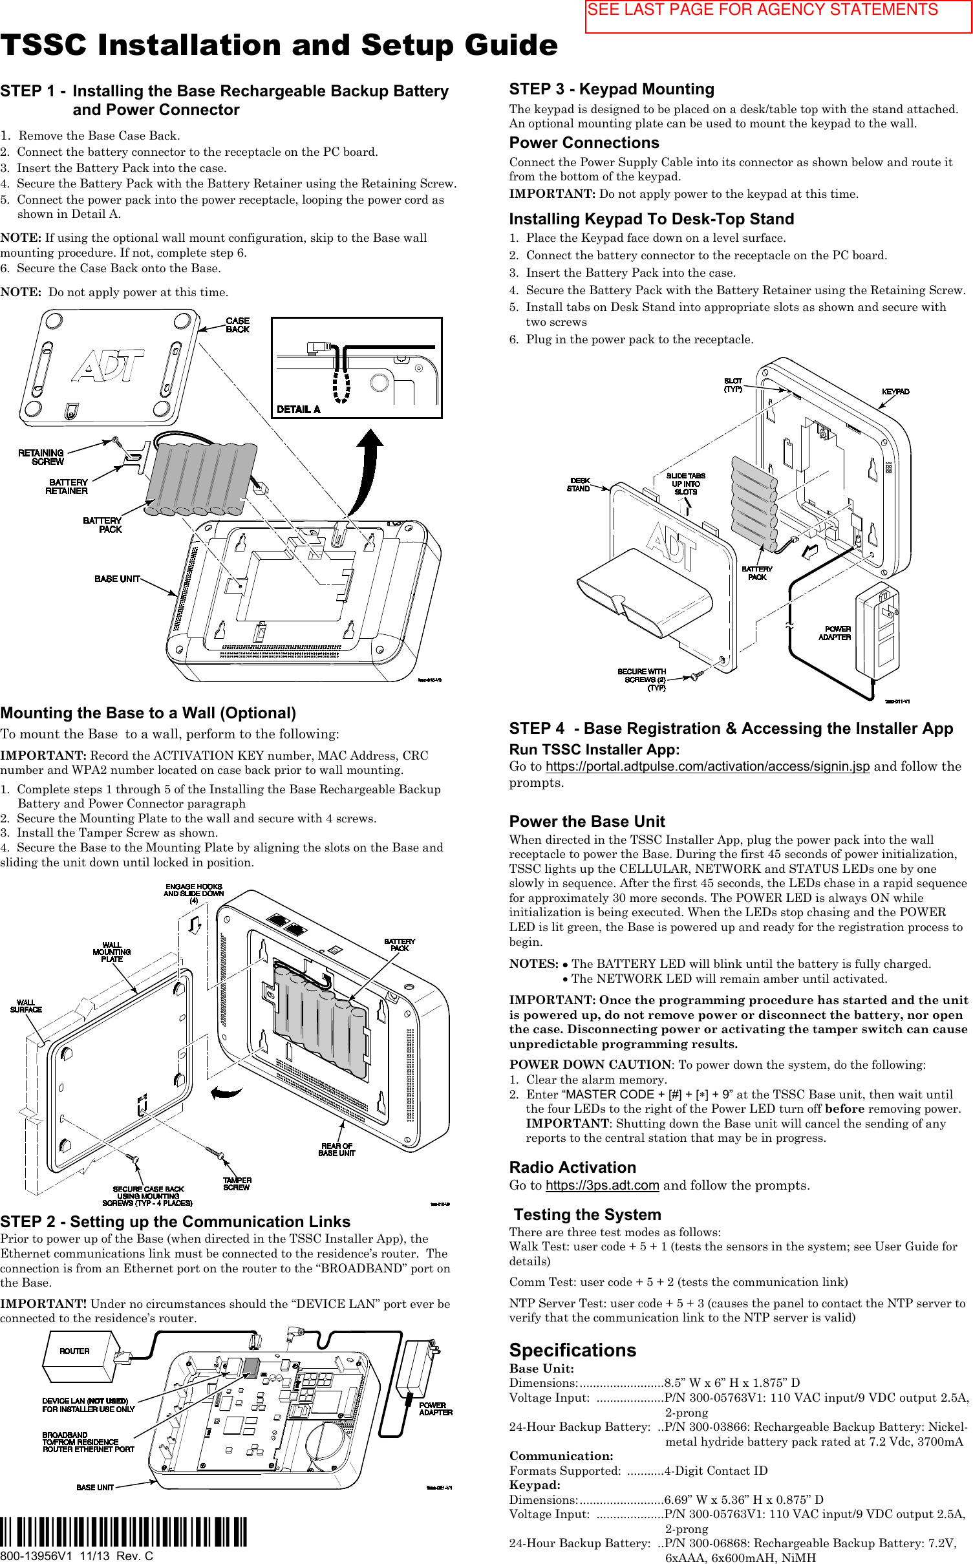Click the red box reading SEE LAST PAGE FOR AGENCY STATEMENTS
tap(778, 16)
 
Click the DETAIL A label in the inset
tap(298, 409)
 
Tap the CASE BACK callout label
tap(237, 325)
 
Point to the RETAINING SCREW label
tap(41, 457)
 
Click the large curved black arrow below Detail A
tap(367, 472)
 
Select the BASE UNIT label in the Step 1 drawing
tap(117, 579)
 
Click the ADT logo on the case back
tap(109, 366)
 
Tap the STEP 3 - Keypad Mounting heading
tap(612, 89)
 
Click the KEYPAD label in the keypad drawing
tap(895, 391)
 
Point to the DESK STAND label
tap(579, 485)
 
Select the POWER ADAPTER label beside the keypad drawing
tap(835, 633)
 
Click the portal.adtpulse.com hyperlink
tap(707, 766)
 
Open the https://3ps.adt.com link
tap(602, 1185)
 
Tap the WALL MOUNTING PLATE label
tap(111, 952)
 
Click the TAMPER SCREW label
tap(237, 1184)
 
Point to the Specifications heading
tap(572, 1350)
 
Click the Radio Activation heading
tap(572, 1167)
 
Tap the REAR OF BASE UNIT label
tap(337, 1149)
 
